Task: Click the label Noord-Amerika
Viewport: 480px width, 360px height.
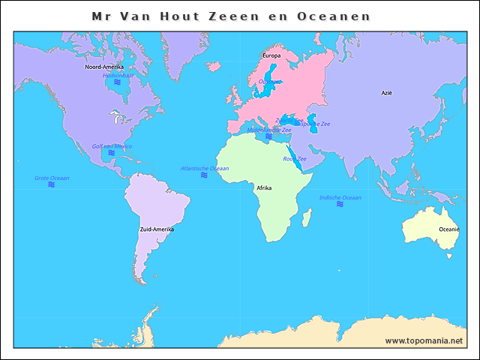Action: pyautogui.click(x=104, y=67)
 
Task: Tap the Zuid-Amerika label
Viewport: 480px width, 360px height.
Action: pyautogui.click(x=157, y=229)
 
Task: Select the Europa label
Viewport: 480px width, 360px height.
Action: pyautogui.click(x=271, y=55)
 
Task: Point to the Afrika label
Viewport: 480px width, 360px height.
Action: pyautogui.click(x=264, y=187)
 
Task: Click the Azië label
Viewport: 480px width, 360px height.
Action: pyautogui.click(x=386, y=93)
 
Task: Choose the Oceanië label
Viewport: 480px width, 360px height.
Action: pyautogui.click(x=448, y=229)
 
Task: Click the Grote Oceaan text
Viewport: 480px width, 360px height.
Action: pyautogui.click(x=52, y=178)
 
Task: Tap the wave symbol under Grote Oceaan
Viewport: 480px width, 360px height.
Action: pyautogui.click(x=52, y=184)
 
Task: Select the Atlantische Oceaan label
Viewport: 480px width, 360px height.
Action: pyautogui.click(x=205, y=168)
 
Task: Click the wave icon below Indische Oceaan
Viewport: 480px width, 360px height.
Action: pyautogui.click(x=340, y=204)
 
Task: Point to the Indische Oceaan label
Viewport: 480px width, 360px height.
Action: pyautogui.click(x=340, y=197)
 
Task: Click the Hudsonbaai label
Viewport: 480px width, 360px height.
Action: pyautogui.click(x=118, y=75)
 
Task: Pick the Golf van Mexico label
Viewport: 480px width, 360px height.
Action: pyautogui.click(x=112, y=146)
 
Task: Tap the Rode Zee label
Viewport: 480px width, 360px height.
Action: pyautogui.click(x=294, y=158)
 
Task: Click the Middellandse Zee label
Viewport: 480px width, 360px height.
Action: pyautogui.click(x=269, y=130)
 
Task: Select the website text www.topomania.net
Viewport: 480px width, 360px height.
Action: pyautogui.click(x=424, y=340)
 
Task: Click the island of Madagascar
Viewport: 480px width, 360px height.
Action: pyautogui.click(x=307, y=218)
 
